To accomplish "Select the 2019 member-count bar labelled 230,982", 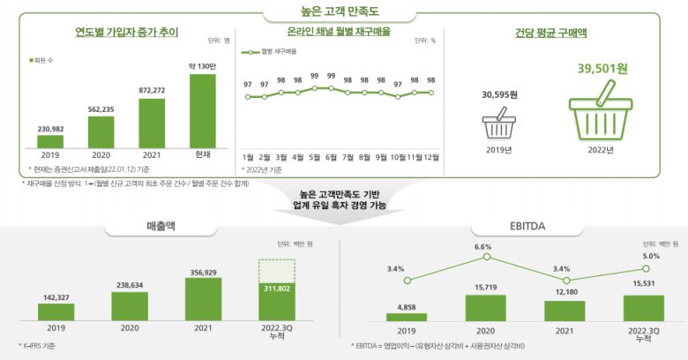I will coord(50,139).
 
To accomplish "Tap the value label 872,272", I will coord(152,90).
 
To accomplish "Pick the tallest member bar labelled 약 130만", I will coord(202,110).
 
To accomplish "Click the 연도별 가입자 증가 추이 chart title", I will coord(126,34).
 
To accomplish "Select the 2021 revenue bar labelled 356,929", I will coord(202,299).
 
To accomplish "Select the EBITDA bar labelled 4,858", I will coord(406,316).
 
